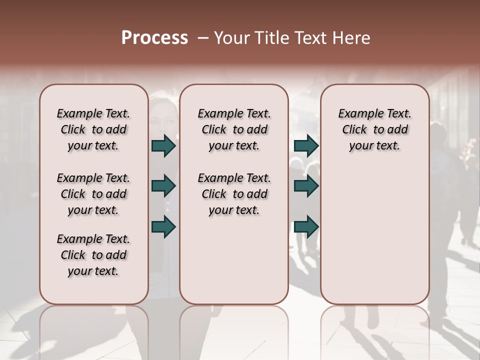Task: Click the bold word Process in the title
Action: click(x=154, y=38)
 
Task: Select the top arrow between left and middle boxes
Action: click(x=163, y=145)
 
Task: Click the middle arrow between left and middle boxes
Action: click(x=163, y=186)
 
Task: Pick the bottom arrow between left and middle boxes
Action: click(x=163, y=226)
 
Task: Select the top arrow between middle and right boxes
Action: click(x=306, y=145)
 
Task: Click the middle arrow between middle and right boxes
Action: click(x=306, y=186)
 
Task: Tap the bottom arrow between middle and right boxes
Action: click(x=306, y=226)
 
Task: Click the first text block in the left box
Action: click(x=93, y=129)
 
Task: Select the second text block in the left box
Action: click(x=93, y=194)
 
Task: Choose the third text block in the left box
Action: click(x=93, y=255)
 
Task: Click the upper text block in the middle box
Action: click(x=234, y=129)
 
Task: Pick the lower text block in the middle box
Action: click(x=234, y=194)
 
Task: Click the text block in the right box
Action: click(x=374, y=129)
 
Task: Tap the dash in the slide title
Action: click(x=203, y=38)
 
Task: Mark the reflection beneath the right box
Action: click(x=374, y=330)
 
